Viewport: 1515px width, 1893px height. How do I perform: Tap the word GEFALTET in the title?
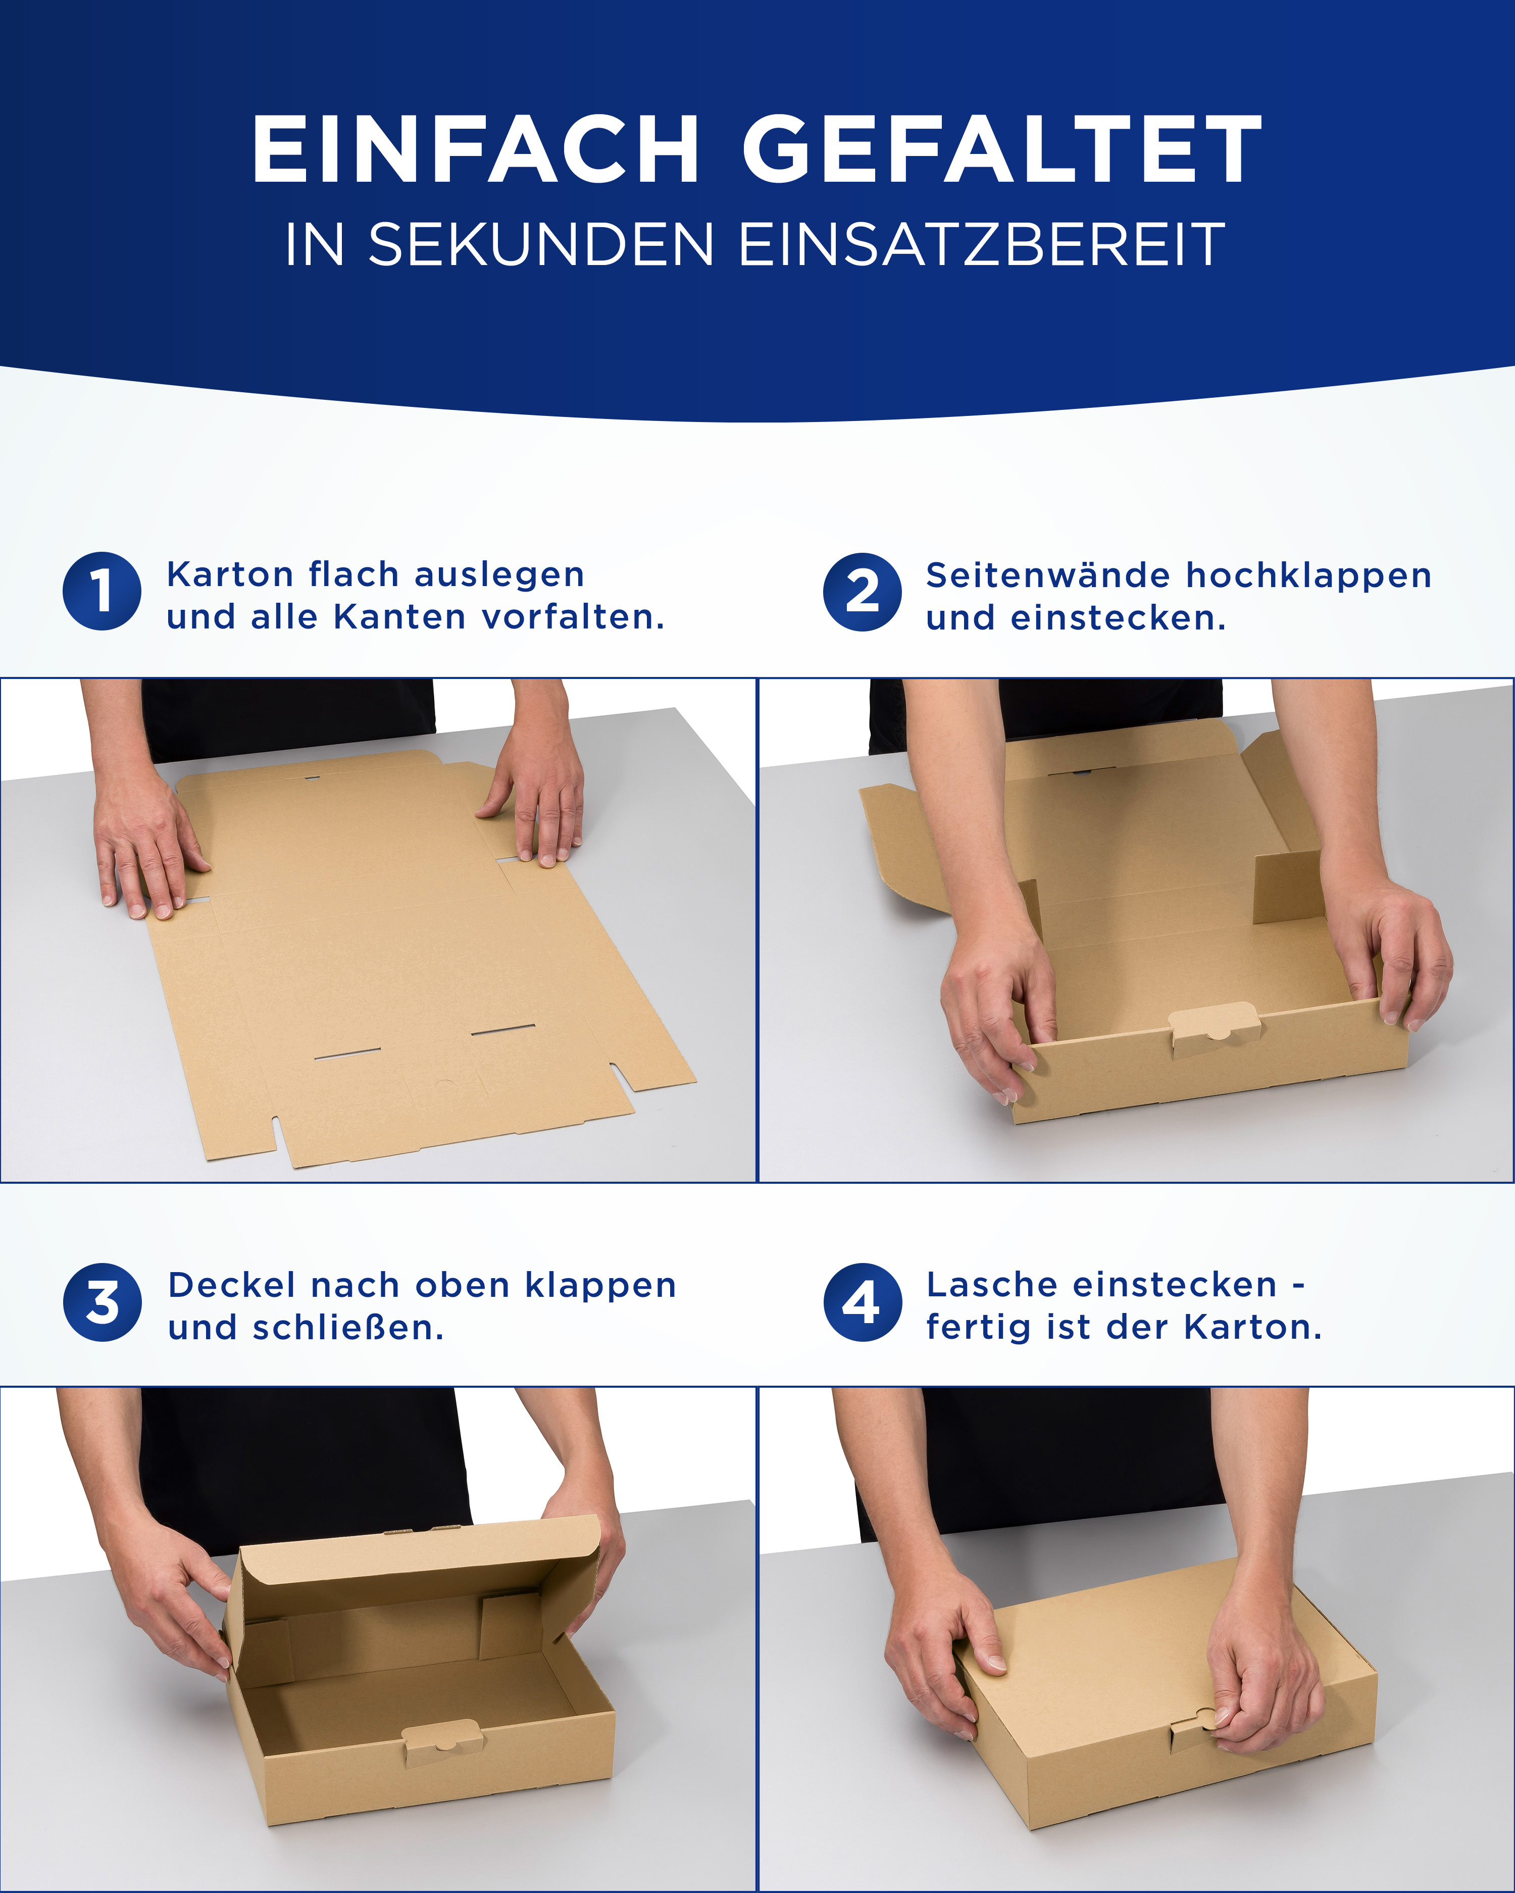pos(1002,149)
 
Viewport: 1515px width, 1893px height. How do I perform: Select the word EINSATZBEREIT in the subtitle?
pos(981,244)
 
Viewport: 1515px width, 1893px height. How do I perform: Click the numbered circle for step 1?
pos(102,591)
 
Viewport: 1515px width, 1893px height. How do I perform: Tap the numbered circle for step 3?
pos(102,1302)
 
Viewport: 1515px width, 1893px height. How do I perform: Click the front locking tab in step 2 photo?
pos(1215,1028)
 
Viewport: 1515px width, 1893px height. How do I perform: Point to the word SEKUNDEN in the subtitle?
pos(541,244)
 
